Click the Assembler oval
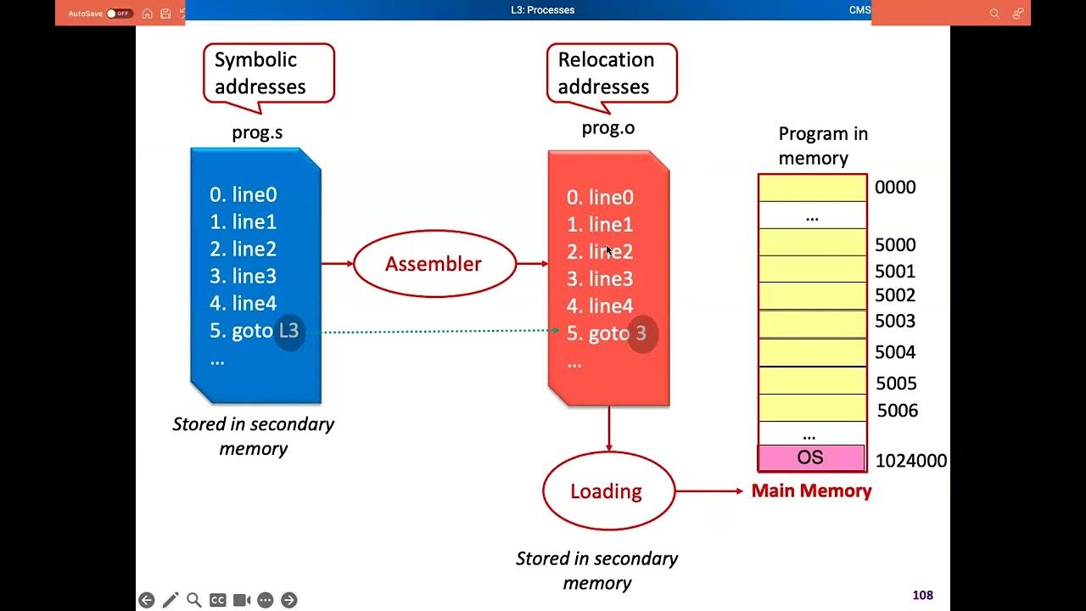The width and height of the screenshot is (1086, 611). [434, 264]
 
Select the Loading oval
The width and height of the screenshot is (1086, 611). [607, 491]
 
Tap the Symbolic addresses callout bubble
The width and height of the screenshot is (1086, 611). [268, 73]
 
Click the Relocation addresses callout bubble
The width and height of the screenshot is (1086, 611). [611, 73]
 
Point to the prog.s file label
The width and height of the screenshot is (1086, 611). [257, 132]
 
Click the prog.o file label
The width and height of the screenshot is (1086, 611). [607, 128]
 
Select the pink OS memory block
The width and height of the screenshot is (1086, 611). [811, 458]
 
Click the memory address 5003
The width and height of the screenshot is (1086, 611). [895, 322]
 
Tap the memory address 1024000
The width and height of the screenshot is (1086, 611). [910, 461]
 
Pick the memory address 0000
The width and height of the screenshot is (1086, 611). [895, 188]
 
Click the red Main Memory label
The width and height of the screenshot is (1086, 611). [811, 490]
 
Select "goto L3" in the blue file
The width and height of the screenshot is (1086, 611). [255, 331]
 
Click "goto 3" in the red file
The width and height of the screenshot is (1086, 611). [607, 334]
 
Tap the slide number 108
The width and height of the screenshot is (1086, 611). [922, 596]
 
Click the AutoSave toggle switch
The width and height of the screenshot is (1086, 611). [119, 14]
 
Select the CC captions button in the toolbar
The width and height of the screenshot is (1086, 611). [217, 600]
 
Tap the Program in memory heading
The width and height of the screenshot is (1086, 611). [821, 146]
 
